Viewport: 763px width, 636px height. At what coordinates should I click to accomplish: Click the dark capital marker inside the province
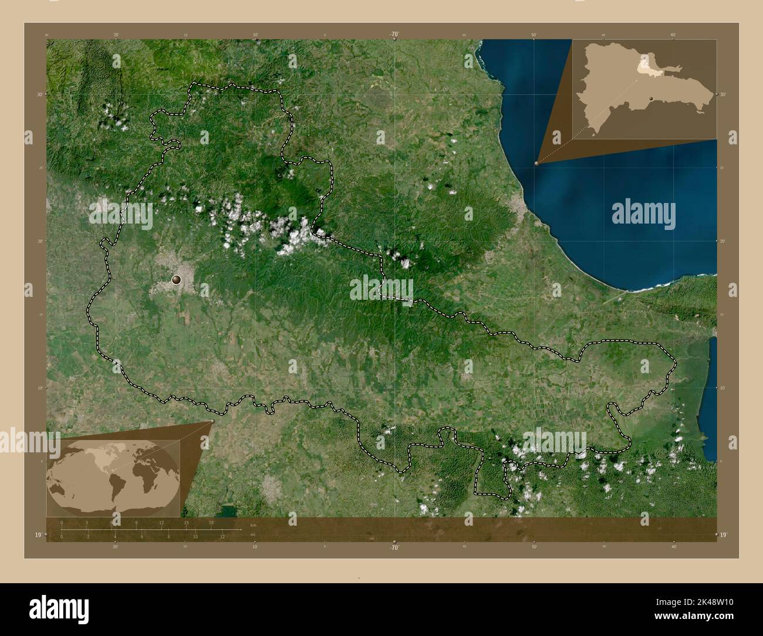176,280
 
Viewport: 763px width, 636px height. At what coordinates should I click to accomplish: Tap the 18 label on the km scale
211,522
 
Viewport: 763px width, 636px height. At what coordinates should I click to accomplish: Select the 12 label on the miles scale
222,536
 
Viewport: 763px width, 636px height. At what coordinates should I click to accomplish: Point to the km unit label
253,525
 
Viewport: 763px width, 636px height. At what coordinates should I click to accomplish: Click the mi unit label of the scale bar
252,534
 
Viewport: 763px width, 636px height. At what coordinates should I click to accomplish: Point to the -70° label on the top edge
394,35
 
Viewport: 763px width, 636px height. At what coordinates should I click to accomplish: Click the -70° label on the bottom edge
394,547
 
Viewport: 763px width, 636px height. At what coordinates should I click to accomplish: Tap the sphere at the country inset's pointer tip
536,163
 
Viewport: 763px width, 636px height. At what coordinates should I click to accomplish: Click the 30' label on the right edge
723,94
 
